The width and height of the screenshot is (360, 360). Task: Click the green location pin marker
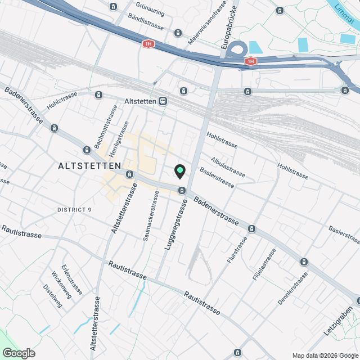point(180,170)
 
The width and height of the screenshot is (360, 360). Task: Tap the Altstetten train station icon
point(163,101)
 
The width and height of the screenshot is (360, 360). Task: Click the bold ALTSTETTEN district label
point(89,166)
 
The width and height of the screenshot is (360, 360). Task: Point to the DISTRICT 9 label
point(74,210)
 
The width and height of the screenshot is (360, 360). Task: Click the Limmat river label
point(346,14)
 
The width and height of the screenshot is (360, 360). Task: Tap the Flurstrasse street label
point(237,251)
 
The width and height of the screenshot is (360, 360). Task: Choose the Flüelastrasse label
point(264,264)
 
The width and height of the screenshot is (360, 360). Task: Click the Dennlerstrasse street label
point(294,289)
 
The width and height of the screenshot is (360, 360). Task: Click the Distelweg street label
point(53,295)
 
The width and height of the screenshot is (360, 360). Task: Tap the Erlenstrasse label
point(73,280)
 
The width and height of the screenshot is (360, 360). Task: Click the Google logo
point(18,353)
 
